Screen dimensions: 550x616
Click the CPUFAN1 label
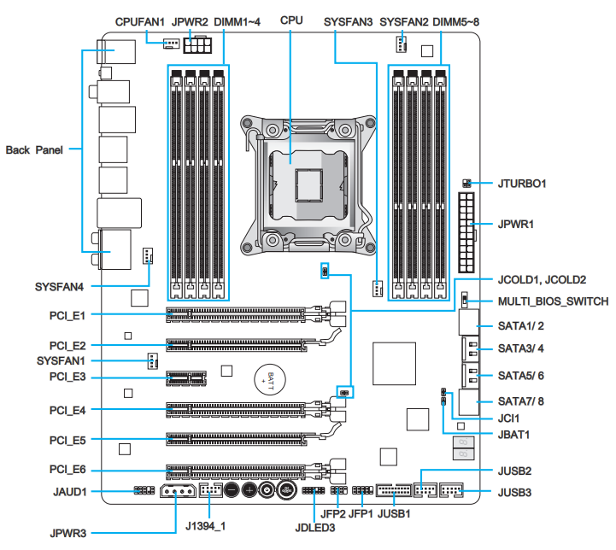[141, 19]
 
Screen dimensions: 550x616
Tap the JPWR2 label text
[191, 19]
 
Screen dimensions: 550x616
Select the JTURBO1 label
[522, 183]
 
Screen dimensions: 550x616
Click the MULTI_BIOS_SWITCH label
[553, 301]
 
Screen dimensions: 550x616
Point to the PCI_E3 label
[67, 377]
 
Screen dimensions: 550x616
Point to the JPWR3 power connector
[179, 492]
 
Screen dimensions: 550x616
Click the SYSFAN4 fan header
[148, 255]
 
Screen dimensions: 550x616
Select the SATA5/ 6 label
[521, 375]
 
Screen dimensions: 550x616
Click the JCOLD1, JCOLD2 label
[542, 279]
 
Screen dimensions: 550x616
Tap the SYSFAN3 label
[349, 19]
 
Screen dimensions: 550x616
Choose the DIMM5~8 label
[458, 19]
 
